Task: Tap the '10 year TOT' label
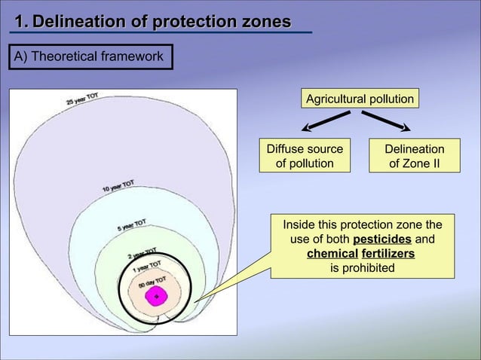119,185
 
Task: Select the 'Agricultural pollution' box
359,99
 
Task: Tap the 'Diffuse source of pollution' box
305,156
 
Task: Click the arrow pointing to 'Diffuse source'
325,121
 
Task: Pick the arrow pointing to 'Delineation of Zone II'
387,121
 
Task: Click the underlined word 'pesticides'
382,239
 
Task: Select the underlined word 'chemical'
332,253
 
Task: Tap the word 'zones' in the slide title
264,23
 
